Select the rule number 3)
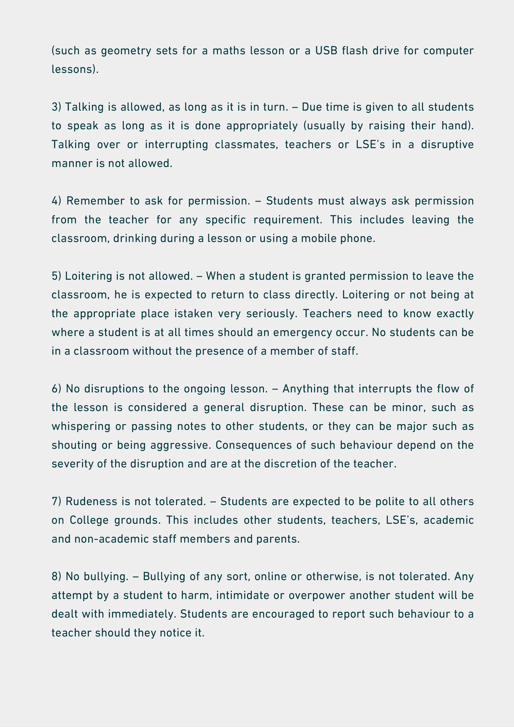[x=56, y=107]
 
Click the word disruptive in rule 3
[x=447, y=145]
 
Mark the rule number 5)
[x=56, y=276]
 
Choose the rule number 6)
[x=56, y=389]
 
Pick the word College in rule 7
[x=89, y=520]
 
